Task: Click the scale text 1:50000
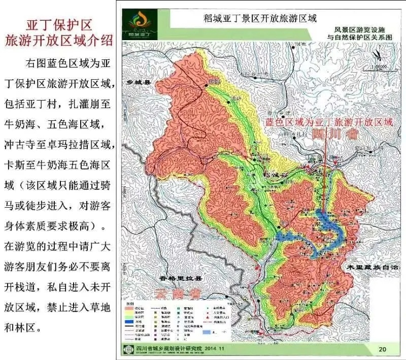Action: (x=380, y=67)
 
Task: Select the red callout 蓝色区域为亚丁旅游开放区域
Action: (x=329, y=122)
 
